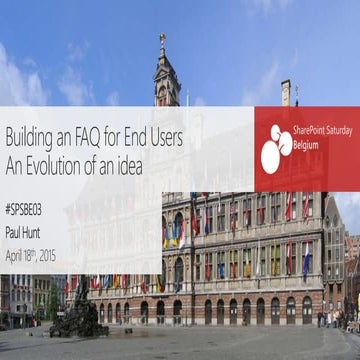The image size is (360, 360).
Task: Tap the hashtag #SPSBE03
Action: point(27,212)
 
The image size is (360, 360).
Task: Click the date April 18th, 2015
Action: point(31,254)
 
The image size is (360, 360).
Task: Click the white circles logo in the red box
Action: point(276,147)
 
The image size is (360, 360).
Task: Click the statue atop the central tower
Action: point(162,42)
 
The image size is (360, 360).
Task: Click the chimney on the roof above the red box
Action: point(286,93)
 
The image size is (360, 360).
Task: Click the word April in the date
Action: point(14,254)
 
